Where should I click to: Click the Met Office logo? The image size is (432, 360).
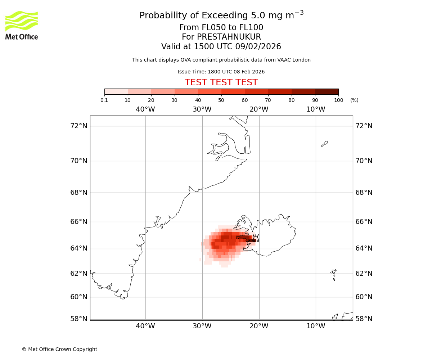[x=22, y=25]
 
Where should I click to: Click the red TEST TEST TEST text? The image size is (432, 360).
[x=221, y=83]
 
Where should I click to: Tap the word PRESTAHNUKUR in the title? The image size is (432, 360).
[x=221, y=37]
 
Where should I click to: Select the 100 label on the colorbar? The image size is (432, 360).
[x=338, y=100]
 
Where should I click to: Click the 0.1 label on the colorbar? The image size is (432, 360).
[x=104, y=100]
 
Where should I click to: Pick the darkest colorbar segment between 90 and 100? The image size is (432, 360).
[x=327, y=91]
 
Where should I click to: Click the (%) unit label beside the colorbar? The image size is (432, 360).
[x=354, y=100]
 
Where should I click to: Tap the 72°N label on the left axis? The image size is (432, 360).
[x=79, y=126]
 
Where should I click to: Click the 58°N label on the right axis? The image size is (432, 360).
[x=364, y=319]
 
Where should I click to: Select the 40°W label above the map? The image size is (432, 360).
[x=145, y=109]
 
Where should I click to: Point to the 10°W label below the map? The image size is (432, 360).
[x=316, y=326]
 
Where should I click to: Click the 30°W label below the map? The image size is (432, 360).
[x=202, y=326]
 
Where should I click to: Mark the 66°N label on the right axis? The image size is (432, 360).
[x=364, y=221]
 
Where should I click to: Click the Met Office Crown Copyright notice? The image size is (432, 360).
[x=59, y=349]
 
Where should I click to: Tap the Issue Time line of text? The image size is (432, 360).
[x=221, y=72]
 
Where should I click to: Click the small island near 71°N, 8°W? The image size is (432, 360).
[x=324, y=144]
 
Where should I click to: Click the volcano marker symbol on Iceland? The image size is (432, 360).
[x=256, y=238]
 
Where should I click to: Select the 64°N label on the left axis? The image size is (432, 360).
[x=79, y=248]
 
